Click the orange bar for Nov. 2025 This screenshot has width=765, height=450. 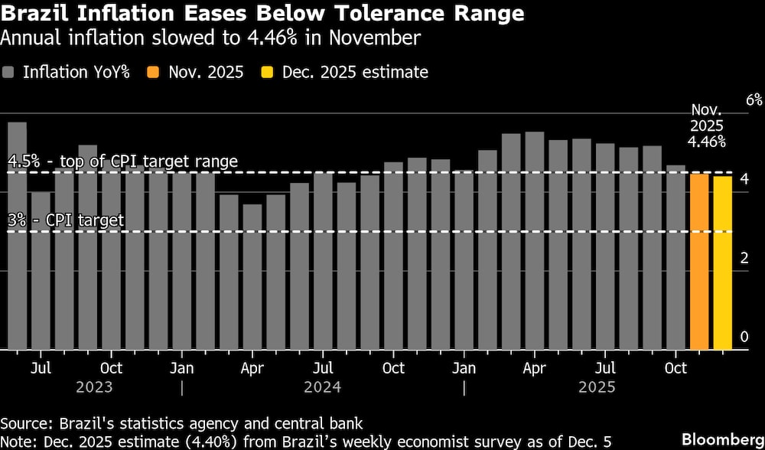click(699, 262)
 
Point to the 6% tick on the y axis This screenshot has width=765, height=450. click(754, 100)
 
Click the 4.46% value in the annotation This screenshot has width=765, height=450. click(707, 142)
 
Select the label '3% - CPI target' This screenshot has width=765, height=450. click(66, 220)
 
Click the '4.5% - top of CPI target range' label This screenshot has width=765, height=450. click(122, 161)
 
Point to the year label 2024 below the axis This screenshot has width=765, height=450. click(323, 387)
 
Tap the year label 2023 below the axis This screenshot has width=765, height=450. click(94, 387)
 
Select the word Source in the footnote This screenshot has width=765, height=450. click(23, 423)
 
